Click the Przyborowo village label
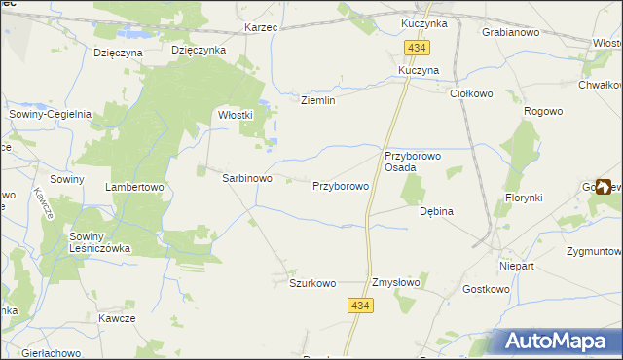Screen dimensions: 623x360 [x=340, y=185]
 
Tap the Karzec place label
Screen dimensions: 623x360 [x=262, y=27]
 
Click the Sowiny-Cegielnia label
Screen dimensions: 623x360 [x=50, y=114]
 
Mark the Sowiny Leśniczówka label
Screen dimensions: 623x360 [x=99, y=242]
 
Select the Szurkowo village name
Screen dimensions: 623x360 [x=312, y=283]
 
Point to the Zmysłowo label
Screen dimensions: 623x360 [x=396, y=283]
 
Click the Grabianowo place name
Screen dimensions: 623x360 [x=511, y=32]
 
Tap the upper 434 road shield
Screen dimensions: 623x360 [x=418, y=48]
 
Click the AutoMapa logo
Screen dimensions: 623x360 [x=559, y=341]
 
